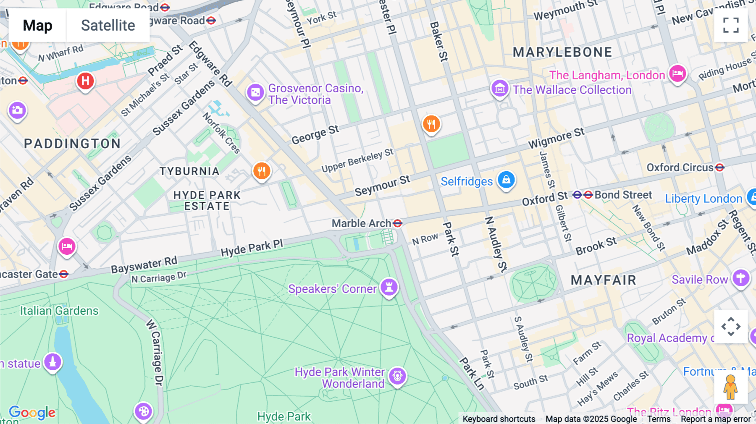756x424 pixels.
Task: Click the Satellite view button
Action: pyautogui.click(x=108, y=25)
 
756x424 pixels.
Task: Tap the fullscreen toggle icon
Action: pyautogui.click(x=731, y=25)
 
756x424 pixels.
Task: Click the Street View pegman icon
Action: pyautogui.click(x=730, y=387)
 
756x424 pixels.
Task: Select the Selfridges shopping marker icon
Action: pyautogui.click(x=506, y=180)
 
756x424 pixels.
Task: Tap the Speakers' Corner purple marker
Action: pyautogui.click(x=389, y=288)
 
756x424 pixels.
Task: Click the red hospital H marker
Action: pyautogui.click(x=85, y=81)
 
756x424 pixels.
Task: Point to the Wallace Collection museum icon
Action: pyautogui.click(x=500, y=89)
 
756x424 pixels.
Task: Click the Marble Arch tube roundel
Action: pyautogui.click(x=397, y=223)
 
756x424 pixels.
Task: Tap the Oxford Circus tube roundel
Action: pyautogui.click(x=720, y=168)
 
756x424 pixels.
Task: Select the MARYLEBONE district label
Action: pyautogui.click(x=562, y=52)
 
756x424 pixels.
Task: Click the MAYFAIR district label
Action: pyautogui.click(x=603, y=280)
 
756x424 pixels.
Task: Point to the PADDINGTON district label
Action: pyautogui.click(x=72, y=144)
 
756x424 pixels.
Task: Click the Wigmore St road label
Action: pyautogui.click(x=556, y=138)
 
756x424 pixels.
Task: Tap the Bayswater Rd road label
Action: pyautogui.click(x=144, y=264)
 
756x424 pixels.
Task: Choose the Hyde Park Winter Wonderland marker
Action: pyautogui.click(x=397, y=376)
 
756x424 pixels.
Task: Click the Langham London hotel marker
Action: pyautogui.click(x=677, y=74)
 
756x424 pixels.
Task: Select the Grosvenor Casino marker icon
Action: pyautogui.click(x=255, y=92)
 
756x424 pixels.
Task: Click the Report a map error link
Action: pyautogui.click(x=715, y=419)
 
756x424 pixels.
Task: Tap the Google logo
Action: pyautogui.click(x=32, y=412)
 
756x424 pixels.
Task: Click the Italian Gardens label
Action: pyautogui.click(x=59, y=311)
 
